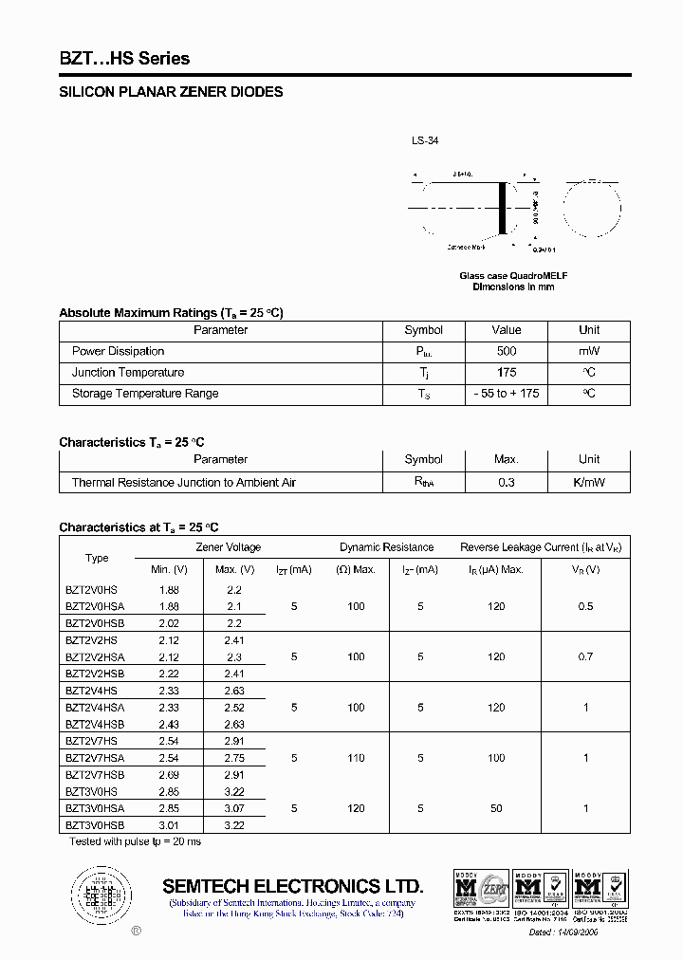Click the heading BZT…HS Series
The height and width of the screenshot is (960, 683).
coord(124,59)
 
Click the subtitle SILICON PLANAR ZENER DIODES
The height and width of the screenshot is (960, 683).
coord(171,93)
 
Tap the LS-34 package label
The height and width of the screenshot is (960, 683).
coord(424,140)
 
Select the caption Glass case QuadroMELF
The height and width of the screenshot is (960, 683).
coord(513,276)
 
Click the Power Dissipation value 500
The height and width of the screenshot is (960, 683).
coord(506,351)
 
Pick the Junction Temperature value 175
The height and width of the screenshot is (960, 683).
coord(506,373)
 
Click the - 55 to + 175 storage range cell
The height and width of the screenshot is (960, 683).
coord(506,394)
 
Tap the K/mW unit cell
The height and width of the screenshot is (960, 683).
coord(589,483)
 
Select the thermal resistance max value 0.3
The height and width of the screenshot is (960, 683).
coord(506,483)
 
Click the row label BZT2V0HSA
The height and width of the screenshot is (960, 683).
coord(95,606)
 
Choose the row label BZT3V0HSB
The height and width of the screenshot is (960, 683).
coord(95,825)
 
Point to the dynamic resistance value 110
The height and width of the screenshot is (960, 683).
coord(356,758)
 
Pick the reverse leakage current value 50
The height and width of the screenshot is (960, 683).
coord(496,808)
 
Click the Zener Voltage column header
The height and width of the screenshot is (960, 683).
coord(228,547)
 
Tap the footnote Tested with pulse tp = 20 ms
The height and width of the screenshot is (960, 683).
coord(135,841)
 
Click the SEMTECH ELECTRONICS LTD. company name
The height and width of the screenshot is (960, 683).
coord(292,887)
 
